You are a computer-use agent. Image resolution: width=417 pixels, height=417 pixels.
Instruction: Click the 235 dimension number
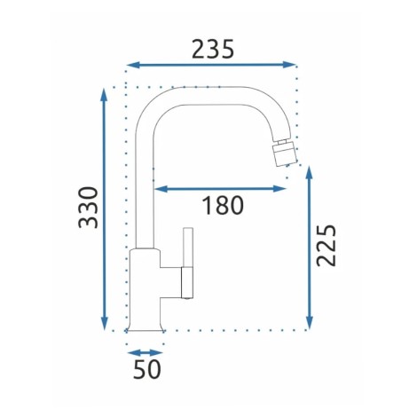(213, 49)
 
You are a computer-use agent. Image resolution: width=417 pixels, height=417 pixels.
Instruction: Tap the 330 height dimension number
(88, 208)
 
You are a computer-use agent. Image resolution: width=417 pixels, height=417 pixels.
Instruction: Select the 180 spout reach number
(223, 205)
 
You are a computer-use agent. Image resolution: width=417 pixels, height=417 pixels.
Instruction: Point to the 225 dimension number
(326, 246)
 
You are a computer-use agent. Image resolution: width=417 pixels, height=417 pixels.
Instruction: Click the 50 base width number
(147, 369)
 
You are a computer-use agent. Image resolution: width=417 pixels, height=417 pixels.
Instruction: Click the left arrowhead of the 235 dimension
(133, 65)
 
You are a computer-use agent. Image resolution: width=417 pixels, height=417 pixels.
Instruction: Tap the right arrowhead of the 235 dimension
(289, 65)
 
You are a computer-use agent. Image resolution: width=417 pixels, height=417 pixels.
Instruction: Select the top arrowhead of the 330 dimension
(104, 95)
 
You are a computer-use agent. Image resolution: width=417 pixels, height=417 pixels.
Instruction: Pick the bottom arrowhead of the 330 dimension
(104, 323)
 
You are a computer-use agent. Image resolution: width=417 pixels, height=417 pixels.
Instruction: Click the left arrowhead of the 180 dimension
(161, 189)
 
